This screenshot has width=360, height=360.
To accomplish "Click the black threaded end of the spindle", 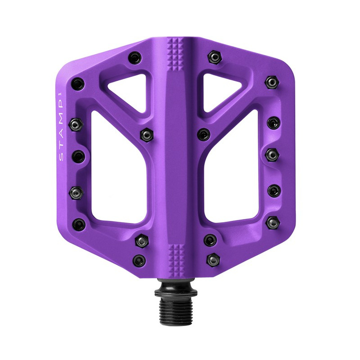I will [179, 304].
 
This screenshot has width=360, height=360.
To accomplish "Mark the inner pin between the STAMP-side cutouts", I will [146, 134].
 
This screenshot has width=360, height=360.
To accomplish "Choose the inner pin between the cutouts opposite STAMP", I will [203, 134].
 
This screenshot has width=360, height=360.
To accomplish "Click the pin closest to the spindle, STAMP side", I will [139, 260].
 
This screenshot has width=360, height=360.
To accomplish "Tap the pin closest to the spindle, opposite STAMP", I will [213, 259].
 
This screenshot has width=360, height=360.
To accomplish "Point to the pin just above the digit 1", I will [77, 83].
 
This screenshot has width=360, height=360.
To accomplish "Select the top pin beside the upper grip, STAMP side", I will [134, 58].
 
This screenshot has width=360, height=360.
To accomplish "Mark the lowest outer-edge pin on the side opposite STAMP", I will [272, 222].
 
